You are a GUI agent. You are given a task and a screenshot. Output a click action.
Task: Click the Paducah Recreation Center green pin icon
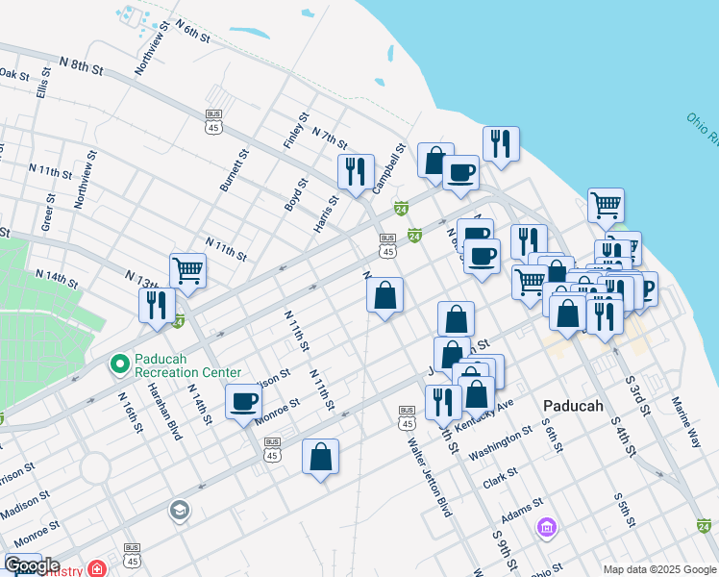(119, 364)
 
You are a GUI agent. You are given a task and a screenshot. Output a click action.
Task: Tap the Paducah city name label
(573, 406)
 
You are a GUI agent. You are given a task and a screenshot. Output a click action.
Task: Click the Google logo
(31, 565)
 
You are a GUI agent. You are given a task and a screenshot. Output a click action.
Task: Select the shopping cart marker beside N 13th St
(187, 269)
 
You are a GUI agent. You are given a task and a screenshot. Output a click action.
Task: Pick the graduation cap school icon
(179, 510)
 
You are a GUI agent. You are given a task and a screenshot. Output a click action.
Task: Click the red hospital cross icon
(97, 567)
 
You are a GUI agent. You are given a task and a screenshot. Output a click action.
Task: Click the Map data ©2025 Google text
(658, 568)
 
